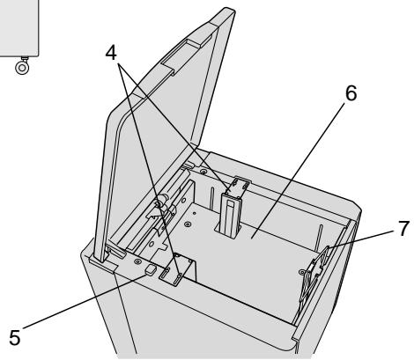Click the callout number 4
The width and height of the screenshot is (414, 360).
[111, 53]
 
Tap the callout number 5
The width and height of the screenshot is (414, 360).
[15, 337]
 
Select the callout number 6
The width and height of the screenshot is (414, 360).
[351, 93]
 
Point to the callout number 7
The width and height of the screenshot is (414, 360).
[403, 228]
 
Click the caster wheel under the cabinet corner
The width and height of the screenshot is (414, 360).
[22, 68]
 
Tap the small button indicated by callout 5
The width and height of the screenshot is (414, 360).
[151, 269]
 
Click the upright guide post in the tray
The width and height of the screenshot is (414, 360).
[231, 215]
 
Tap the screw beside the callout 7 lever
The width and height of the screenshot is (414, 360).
[301, 272]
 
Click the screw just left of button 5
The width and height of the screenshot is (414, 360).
[137, 261]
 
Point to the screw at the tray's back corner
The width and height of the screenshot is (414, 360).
[203, 172]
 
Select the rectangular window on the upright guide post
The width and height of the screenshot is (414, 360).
[231, 204]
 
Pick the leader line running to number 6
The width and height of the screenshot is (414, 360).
[298, 170]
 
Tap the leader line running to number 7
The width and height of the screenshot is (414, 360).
[361, 239]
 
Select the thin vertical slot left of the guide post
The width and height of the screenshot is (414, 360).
[211, 198]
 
